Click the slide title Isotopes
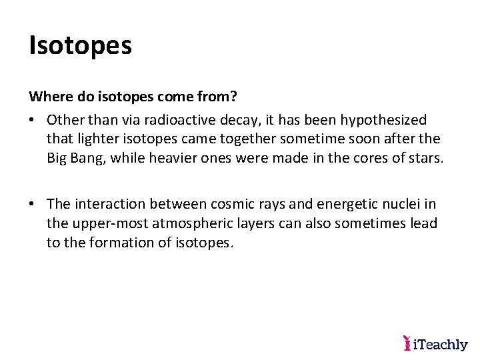tap(81, 45)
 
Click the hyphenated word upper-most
tap(110, 223)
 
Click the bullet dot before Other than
tap(33, 119)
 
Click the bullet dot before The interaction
tap(33, 203)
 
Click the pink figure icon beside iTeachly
tap(407, 343)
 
